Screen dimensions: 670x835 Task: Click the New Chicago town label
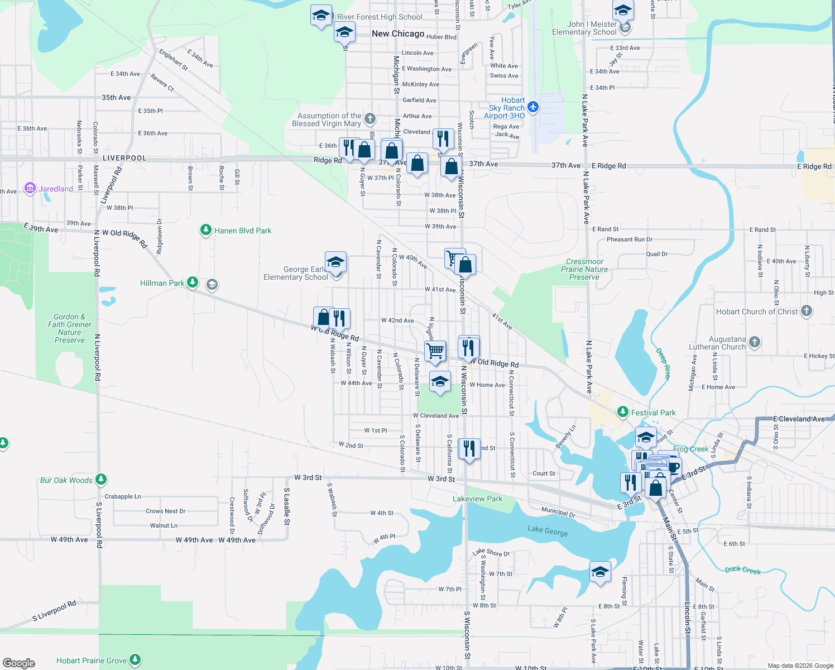[398, 33]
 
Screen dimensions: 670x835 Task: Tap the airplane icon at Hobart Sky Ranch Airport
[533, 107]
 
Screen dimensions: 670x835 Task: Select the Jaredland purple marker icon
[30, 188]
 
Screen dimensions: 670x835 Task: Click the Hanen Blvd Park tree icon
[206, 230]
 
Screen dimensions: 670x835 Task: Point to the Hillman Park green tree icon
[193, 283]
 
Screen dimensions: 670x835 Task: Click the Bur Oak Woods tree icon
[101, 480]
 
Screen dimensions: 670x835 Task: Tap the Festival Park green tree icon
[623, 412]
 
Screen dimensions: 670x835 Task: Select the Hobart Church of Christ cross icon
[806, 311]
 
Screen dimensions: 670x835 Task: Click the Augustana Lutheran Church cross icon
[755, 342]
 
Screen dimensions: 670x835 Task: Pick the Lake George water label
[548, 530]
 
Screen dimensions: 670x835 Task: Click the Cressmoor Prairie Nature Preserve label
[584, 269]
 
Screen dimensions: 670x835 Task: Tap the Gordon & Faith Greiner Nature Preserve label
[70, 328]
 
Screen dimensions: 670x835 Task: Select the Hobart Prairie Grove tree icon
[135, 660]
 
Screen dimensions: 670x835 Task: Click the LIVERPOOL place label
[124, 158]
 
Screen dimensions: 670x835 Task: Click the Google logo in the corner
[19, 663]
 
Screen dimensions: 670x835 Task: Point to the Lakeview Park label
[477, 499]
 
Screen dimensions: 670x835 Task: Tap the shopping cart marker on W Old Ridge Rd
[435, 351]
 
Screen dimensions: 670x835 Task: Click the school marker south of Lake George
[600, 572]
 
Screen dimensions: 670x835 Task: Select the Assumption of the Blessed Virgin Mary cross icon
[370, 118]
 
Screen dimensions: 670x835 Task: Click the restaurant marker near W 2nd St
[469, 448]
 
